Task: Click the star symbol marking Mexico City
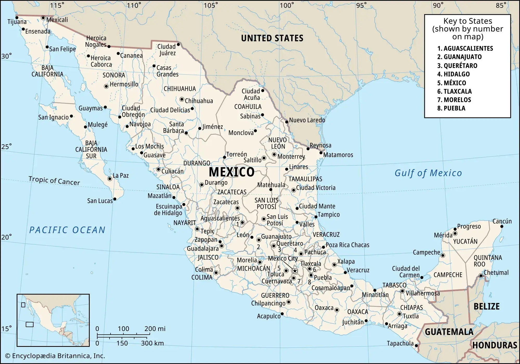point(295,271)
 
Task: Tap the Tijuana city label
point(17,22)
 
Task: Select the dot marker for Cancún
point(502,226)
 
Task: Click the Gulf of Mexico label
point(428,173)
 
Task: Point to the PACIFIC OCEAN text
point(67,230)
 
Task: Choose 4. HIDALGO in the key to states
point(453,74)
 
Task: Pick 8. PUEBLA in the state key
point(451,108)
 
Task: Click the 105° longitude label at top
point(211,5)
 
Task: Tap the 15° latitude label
point(6,329)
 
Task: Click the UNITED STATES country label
point(272,38)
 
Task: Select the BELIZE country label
point(486,306)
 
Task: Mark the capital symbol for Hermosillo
point(106,86)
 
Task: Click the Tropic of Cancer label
point(54,180)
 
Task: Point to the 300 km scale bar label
point(152,343)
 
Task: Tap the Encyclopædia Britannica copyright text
point(55,356)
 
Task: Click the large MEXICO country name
point(232,172)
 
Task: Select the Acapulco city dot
point(282,314)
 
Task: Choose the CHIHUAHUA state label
point(180,89)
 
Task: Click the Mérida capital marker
point(455,233)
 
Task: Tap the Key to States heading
point(467,29)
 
